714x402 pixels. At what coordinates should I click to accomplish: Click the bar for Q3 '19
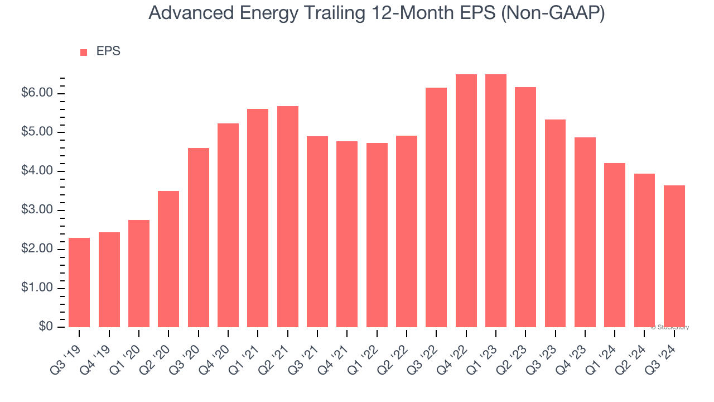(79, 283)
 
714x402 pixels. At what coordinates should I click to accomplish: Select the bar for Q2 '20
(168, 259)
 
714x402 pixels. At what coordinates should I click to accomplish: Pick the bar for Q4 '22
(466, 201)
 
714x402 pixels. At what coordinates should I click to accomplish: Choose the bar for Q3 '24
(674, 256)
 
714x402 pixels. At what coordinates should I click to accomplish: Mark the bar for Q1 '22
(377, 235)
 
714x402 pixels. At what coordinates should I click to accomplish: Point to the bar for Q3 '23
(555, 223)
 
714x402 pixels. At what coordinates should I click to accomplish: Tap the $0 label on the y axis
(46, 327)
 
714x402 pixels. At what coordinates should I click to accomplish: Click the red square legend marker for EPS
(84, 52)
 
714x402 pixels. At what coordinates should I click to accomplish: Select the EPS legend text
(108, 51)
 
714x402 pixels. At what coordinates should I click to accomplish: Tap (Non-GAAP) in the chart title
(553, 13)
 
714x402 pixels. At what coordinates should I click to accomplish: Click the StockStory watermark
(670, 327)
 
